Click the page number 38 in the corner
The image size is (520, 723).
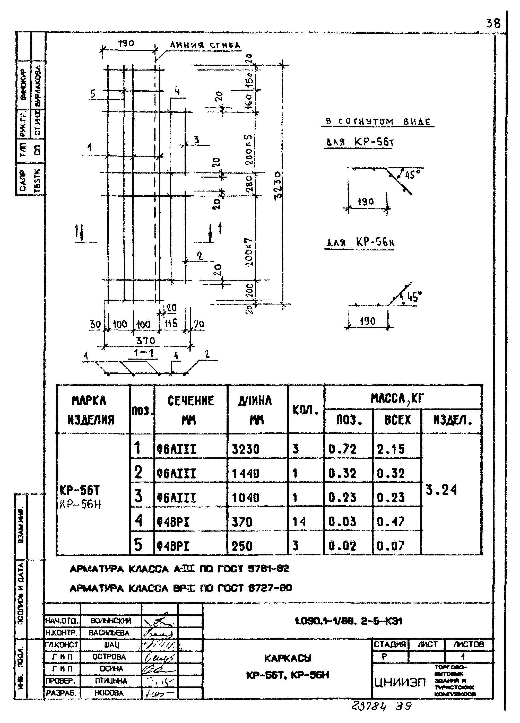(493, 23)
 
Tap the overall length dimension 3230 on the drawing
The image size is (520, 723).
(278, 185)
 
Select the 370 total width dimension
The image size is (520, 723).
(145, 341)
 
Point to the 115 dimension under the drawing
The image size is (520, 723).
(171, 324)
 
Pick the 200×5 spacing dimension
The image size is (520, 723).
(249, 149)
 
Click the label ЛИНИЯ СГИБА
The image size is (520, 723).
(205, 45)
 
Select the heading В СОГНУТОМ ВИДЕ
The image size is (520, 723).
(378, 121)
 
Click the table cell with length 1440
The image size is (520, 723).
(246, 473)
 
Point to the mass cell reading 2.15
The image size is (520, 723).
(391, 449)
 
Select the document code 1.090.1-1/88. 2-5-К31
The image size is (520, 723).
(348, 621)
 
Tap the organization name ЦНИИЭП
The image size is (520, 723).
(400, 683)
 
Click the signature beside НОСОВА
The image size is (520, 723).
(159, 693)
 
